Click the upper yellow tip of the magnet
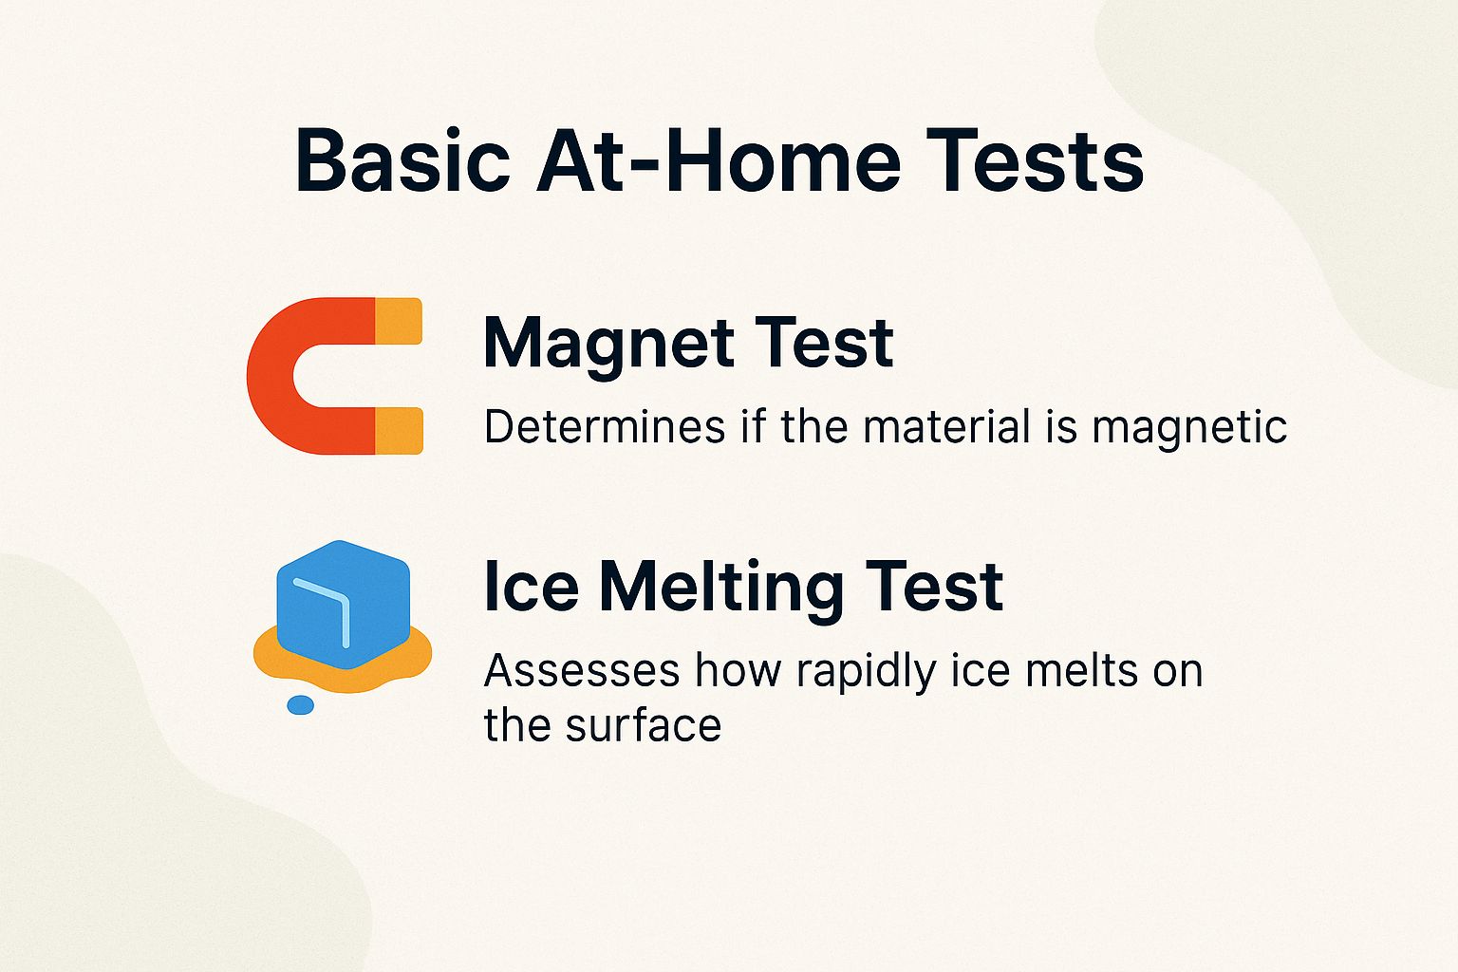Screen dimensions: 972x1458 pos(399,321)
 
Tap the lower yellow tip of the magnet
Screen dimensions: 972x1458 pos(399,430)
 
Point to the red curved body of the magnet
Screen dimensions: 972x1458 pos(275,376)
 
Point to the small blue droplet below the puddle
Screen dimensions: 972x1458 pos(300,705)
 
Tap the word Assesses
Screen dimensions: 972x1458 pos(582,671)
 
